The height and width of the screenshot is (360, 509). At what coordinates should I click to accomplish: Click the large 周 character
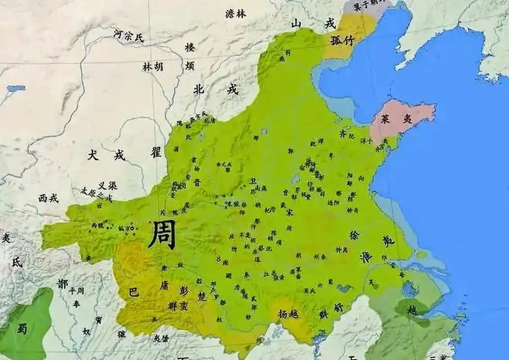tap(162, 235)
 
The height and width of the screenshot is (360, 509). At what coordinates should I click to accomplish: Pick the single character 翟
tap(156, 153)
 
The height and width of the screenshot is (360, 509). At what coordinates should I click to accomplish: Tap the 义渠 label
tap(108, 185)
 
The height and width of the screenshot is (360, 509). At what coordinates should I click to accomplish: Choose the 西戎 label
tap(48, 198)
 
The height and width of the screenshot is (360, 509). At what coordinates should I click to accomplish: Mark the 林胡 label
tap(153, 67)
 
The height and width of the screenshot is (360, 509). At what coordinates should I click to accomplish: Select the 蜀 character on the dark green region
tap(22, 328)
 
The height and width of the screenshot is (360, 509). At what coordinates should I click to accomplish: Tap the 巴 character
tap(134, 291)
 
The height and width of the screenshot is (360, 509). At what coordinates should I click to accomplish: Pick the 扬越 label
tap(288, 314)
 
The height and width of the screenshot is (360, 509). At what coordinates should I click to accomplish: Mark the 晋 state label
tap(197, 182)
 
